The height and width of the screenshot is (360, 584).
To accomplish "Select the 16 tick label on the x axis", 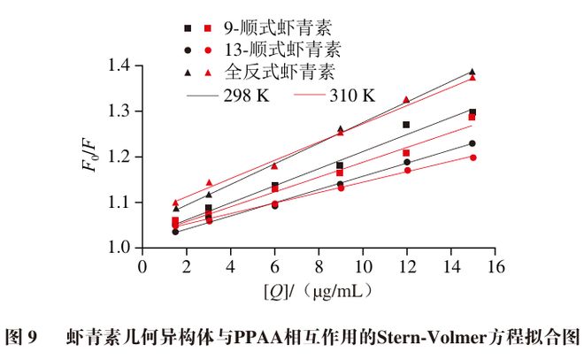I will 495,265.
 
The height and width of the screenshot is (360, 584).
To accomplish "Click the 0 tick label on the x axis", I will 142,265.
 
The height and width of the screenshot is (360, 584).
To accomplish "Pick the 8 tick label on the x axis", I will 319,265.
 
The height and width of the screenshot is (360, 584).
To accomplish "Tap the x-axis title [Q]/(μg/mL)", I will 317,289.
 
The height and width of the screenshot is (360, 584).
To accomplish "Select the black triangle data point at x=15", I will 473,72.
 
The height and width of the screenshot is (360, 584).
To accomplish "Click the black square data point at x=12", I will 406,125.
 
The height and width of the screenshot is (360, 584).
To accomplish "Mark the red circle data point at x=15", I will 473,157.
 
